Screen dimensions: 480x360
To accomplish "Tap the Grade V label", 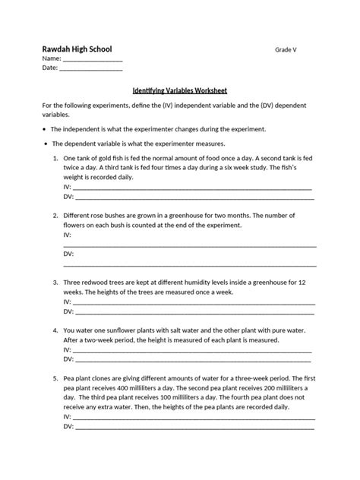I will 286,49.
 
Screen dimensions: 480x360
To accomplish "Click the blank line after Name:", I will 91,59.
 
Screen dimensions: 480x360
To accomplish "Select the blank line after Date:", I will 90,69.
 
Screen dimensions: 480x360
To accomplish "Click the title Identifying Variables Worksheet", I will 180,87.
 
